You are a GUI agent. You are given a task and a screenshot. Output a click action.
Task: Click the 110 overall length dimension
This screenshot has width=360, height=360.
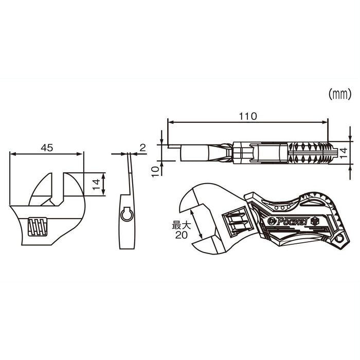coord(247,116)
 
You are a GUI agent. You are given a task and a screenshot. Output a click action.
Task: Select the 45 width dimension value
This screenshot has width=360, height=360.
coord(47,148)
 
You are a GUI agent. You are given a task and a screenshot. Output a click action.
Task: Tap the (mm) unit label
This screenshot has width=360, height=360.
coord(339,94)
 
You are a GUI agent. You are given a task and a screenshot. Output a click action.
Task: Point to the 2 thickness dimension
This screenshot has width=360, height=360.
coord(143,148)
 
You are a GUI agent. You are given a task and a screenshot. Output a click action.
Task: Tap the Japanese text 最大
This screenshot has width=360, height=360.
coord(181,225)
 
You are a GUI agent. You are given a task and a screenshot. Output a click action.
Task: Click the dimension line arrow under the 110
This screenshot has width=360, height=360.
coord(247,122)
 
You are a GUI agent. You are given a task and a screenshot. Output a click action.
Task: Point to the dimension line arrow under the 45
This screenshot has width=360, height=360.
coord(47,153)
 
